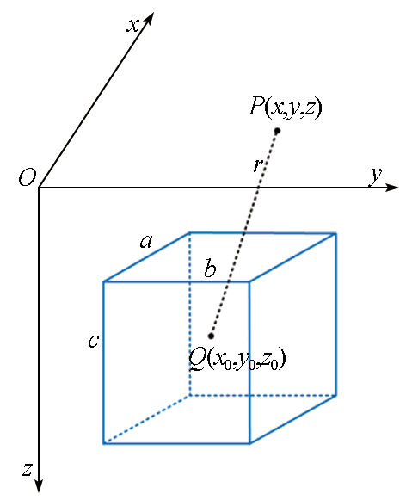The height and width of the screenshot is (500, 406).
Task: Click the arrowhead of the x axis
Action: click(x=149, y=19)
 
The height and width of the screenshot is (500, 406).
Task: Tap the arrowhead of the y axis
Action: click(x=391, y=188)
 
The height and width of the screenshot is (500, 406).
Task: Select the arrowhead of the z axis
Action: click(x=39, y=485)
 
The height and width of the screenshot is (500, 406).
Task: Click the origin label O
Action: click(x=27, y=177)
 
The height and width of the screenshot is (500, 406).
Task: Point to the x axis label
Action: click(x=133, y=25)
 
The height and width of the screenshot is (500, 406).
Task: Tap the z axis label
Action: click(x=28, y=469)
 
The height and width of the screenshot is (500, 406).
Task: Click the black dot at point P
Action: click(x=277, y=131)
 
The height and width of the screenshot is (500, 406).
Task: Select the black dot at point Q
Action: click(x=211, y=336)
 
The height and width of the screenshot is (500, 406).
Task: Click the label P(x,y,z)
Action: click(x=286, y=108)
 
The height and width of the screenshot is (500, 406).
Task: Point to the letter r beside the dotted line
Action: click(x=257, y=165)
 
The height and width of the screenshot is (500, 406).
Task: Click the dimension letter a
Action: click(x=146, y=241)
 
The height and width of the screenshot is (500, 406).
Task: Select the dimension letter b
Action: click(x=210, y=269)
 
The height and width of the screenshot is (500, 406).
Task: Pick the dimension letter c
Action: click(x=94, y=341)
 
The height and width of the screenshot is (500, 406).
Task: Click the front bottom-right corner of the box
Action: click(x=249, y=443)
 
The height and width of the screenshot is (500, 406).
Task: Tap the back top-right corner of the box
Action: click(x=335, y=234)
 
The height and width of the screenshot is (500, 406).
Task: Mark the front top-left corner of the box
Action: click(x=104, y=281)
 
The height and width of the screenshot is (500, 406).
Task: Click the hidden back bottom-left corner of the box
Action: click(x=190, y=395)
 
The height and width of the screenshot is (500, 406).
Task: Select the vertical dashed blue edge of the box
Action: click(x=190, y=314)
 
